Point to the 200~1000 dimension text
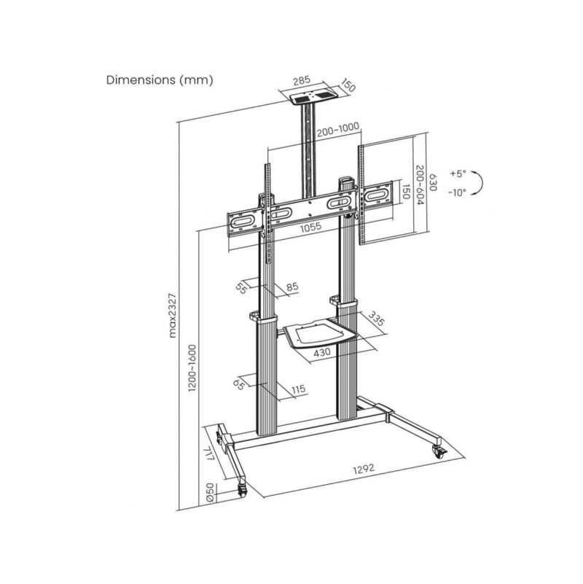pos(337,128)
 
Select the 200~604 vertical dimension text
pos(420,186)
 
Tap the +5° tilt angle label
pos(457,174)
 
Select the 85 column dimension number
pos(292,287)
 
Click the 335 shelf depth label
pos(377,320)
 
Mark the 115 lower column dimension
pos(297,390)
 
